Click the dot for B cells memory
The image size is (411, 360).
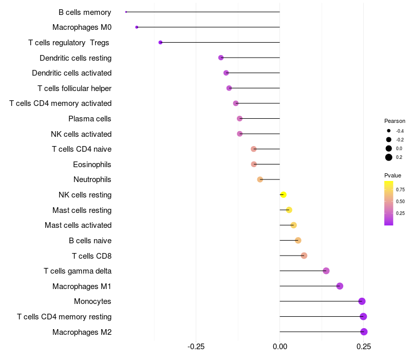pos(126,12)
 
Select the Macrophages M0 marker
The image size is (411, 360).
pos(137,27)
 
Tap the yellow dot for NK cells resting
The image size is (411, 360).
pos(283,194)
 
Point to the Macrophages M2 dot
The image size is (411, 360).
pos(364,332)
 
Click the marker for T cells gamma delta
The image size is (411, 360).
pos(326,271)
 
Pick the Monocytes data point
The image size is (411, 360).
pos(362,301)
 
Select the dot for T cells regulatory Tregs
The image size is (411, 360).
pos(160,42)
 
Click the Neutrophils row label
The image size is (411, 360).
pos(92,179)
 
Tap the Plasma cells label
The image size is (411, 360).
pos(90,119)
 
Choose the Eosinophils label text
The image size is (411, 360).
pos(92,165)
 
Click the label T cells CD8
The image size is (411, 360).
pos(92,256)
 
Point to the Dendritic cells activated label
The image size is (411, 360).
pos(72,73)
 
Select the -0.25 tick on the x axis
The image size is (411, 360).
pos(196,346)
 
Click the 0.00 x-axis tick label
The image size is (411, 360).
pos(279,346)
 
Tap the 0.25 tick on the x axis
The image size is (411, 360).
pos(363,346)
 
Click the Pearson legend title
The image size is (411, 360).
pos(395,121)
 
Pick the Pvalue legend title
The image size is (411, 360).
pos(393,175)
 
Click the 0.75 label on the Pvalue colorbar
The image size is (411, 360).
pos(400,189)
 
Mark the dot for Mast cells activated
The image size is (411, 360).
pos(293,225)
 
